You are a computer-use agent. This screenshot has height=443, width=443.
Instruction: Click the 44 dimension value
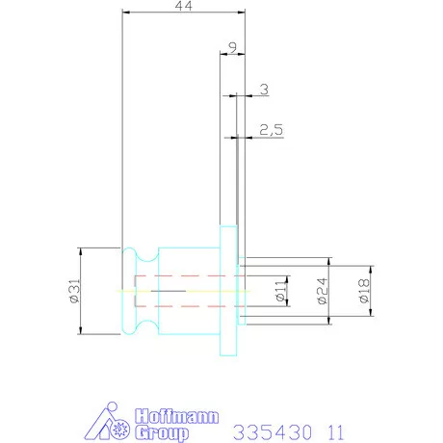click(x=184, y=6)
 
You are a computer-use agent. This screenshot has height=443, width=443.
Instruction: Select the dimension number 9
click(x=232, y=47)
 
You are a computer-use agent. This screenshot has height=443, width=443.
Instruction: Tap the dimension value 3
click(x=264, y=90)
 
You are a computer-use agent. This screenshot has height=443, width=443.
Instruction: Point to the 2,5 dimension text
click(x=272, y=130)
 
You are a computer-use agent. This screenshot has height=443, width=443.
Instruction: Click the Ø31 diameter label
click(x=74, y=291)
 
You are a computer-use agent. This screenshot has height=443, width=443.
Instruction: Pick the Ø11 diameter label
click(x=280, y=291)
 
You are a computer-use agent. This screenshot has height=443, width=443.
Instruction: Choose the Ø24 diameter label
click(x=323, y=291)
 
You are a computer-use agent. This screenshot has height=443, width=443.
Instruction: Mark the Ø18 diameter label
click(x=364, y=291)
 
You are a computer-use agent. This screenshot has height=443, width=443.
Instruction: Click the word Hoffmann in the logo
click(x=177, y=416)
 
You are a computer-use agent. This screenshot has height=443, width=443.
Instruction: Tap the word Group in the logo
click(x=162, y=433)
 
